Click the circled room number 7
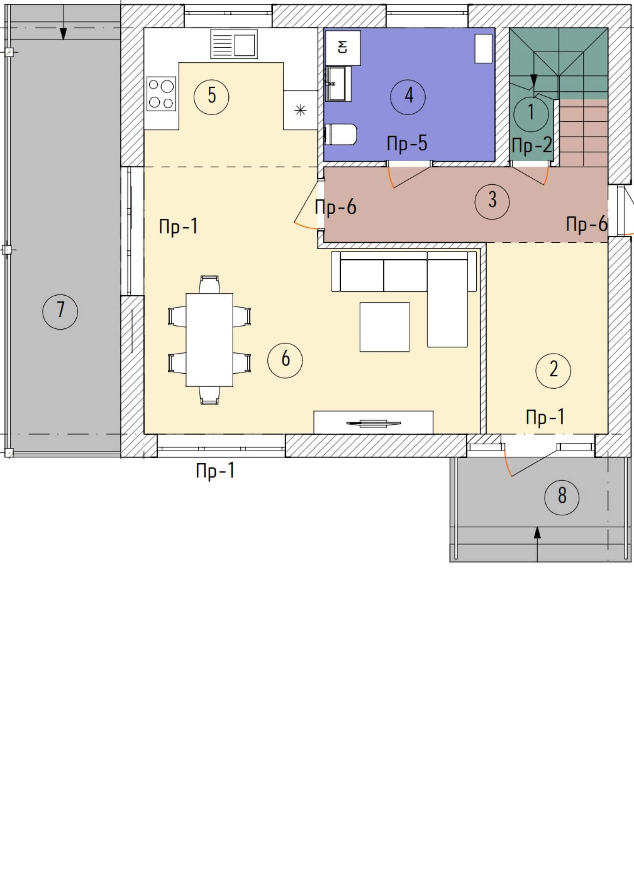pyautogui.click(x=60, y=311)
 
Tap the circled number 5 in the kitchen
pyautogui.click(x=211, y=96)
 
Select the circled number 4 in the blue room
pyautogui.click(x=408, y=97)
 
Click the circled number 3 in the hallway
pyautogui.click(x=492, y=202)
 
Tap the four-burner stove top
pyautogui.click(x=161, y=94)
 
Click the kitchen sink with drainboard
pyautogui.click(x=233, y=45)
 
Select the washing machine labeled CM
pyautogui.click(x=343, y=48)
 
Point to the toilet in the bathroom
pyautogui.click(x=341, y=134)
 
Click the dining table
pyautogui.click(x=210, y=340)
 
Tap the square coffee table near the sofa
pyautogui.click(x=384, y=327)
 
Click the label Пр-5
pyautogui.click(x=407, y=143)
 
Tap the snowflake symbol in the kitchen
pyautogui.click(x=300, y=111)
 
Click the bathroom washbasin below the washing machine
pyautogui.click(x=338, y=83)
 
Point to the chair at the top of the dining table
pyautogui.click(x=210, y=284)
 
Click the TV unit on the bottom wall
pyautogui.click(x=373, y=422)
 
